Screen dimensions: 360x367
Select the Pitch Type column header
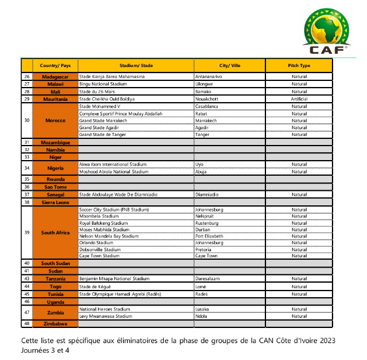pyautogui.click(x=300, y=65)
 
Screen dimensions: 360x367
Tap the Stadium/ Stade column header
pyautogui.click(x=136, y=65)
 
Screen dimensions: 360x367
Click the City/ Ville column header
pyautogui.click(x=230, y=65)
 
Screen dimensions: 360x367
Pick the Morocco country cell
pyautogui.click(x=56, y=120)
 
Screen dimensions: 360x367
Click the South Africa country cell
pyautogui.click(x=56, y=233)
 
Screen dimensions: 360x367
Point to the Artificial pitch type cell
pyautogui.click(x=299, y=98)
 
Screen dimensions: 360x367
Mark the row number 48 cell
pyautogui.click(x=27, y=324)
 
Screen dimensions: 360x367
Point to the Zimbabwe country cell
pyautogui.click(x=56, y=324)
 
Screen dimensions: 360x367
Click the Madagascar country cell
pyautogui.click(x=56, y=77)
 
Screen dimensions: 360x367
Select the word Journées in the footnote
pyautogui.click(x=36, y=350)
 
